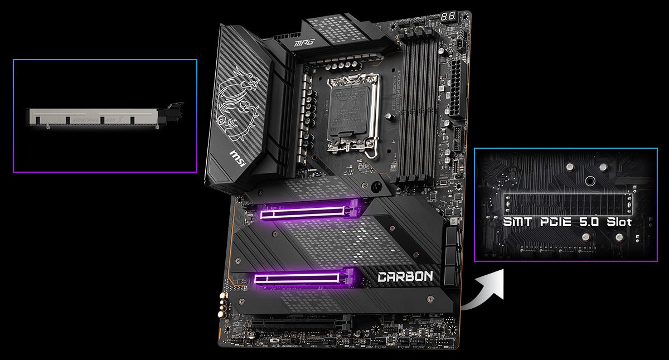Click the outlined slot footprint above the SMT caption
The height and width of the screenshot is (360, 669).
click(x=568, y=203)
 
